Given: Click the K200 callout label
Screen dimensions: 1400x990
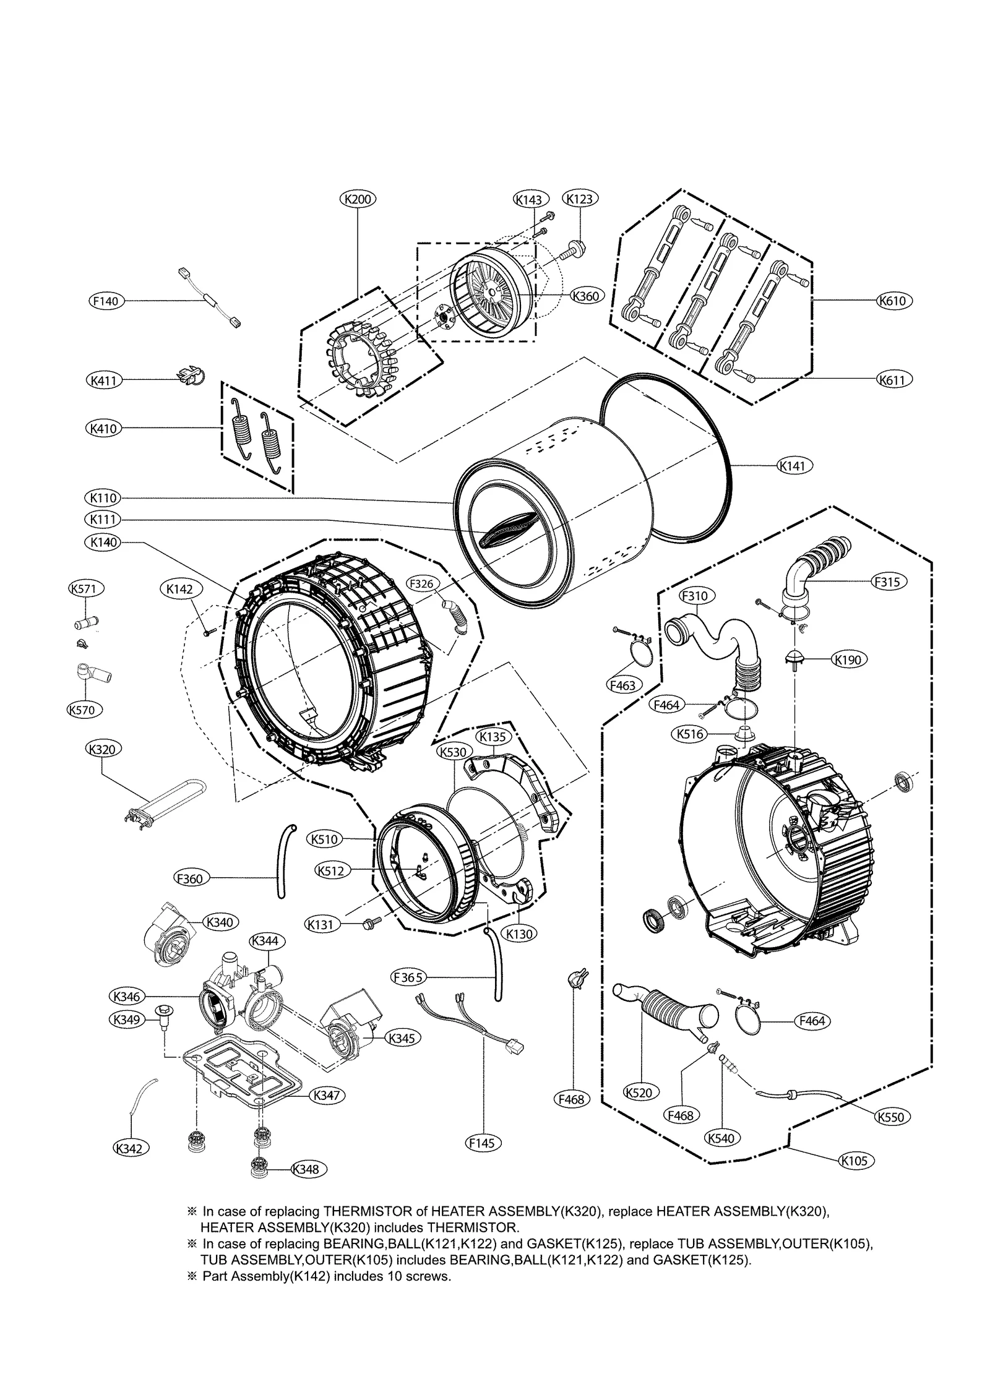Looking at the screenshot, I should point(358,199).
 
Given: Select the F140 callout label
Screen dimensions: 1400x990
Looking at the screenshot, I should point(106,301).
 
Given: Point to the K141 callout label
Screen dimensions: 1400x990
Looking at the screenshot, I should point(794,465).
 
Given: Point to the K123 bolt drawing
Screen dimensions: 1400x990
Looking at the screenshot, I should point(574,249).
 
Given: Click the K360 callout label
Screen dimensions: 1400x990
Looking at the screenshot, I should point(585,296).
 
